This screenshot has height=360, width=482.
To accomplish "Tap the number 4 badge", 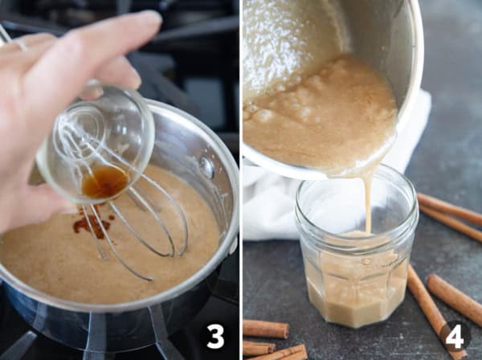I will pyautogui.click(x=455, y=336).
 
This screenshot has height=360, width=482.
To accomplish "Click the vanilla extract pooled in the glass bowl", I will pyautogui.click(x=105, y=182).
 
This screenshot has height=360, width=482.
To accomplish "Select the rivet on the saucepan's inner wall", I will pyautogui.click(x=208, y=167).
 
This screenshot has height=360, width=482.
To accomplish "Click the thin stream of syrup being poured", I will pyautogui.click(x=368, y=205).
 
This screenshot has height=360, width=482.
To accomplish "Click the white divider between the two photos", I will pyautogui.click(x=240, y=180).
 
